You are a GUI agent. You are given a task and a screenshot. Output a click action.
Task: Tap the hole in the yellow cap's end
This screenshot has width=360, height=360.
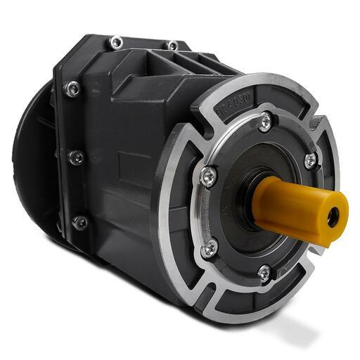coord(333,215)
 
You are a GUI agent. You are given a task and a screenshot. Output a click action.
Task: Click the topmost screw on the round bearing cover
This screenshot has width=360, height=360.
coord(264,122)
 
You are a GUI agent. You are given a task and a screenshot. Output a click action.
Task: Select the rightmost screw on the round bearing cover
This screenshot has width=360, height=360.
coord(310,160)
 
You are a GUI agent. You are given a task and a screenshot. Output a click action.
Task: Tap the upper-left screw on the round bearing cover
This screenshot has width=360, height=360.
coord(208,176)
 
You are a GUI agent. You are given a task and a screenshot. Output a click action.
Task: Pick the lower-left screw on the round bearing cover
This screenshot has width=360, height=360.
coord(210,247)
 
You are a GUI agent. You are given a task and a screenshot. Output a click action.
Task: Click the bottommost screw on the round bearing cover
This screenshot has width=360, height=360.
coord(263,272)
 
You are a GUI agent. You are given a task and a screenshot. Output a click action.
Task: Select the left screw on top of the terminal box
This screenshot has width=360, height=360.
coord(116,42)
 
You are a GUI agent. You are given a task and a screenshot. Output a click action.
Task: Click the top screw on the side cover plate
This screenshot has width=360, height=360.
coord(72,89)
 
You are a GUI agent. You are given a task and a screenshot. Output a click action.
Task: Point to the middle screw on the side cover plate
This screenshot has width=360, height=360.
coord(75,157)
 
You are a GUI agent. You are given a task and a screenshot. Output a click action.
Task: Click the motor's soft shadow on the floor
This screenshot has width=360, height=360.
coord(281,330)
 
